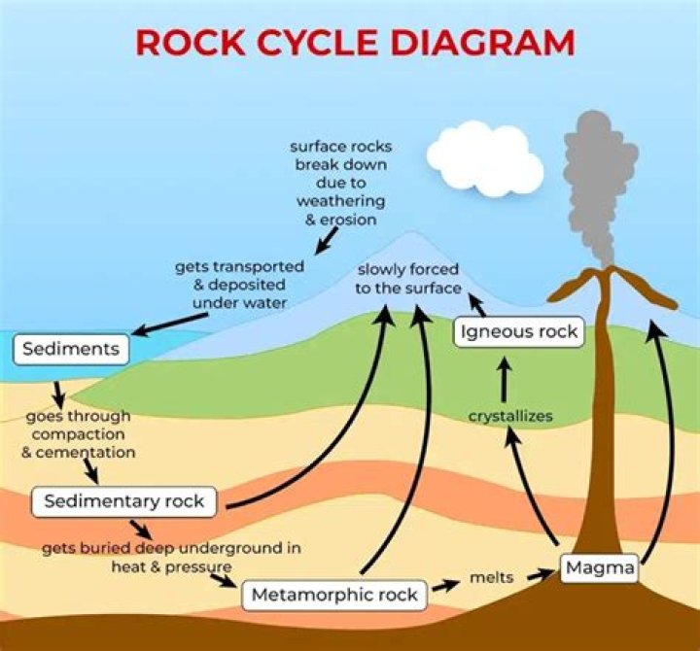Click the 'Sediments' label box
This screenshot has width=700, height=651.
click(x=72, y=348)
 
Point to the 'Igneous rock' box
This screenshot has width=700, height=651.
click(x=519, y=331)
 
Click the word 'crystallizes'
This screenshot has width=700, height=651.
click(x=510, y=416)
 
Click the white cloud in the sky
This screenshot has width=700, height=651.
click(x=483, y=157)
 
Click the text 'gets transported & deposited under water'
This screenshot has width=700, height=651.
click(x=239, y=284)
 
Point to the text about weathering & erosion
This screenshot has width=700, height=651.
click(x=339, y=183)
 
